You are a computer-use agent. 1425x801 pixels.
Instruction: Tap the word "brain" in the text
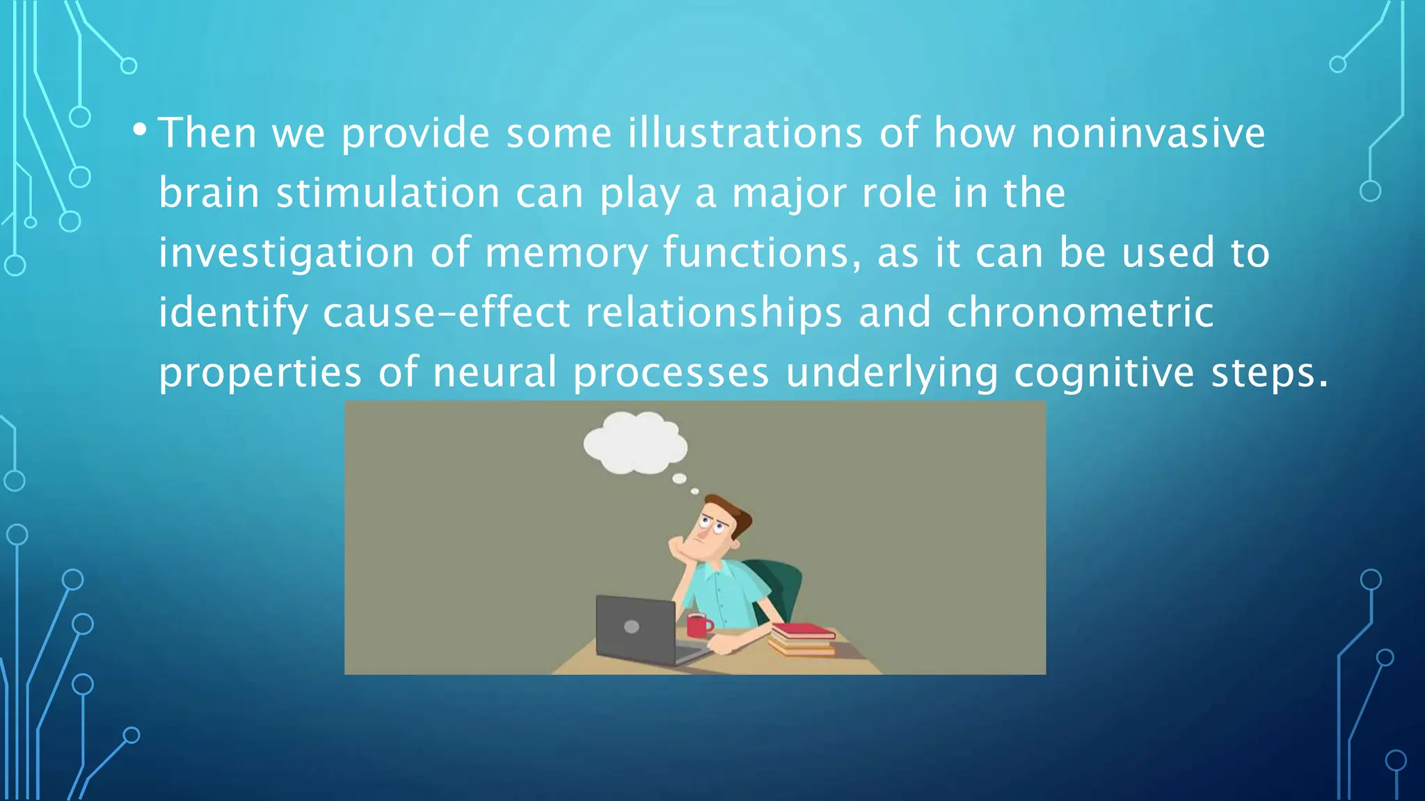point(209,193)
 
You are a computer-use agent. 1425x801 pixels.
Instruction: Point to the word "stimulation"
point(388,193)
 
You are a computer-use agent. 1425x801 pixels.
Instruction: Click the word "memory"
point(566,252)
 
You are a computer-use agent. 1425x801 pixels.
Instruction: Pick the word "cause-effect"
point(446,312)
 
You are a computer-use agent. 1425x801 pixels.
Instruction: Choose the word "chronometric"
point(1080,312)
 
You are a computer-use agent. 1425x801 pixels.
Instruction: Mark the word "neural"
point(495,372)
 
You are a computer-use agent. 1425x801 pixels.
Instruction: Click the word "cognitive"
point(1104,372)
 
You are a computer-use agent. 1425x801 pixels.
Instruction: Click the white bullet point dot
point(139,129)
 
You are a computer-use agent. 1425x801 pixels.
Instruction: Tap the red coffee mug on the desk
point(698,625)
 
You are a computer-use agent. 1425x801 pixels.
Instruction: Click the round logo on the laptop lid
point(632,626)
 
